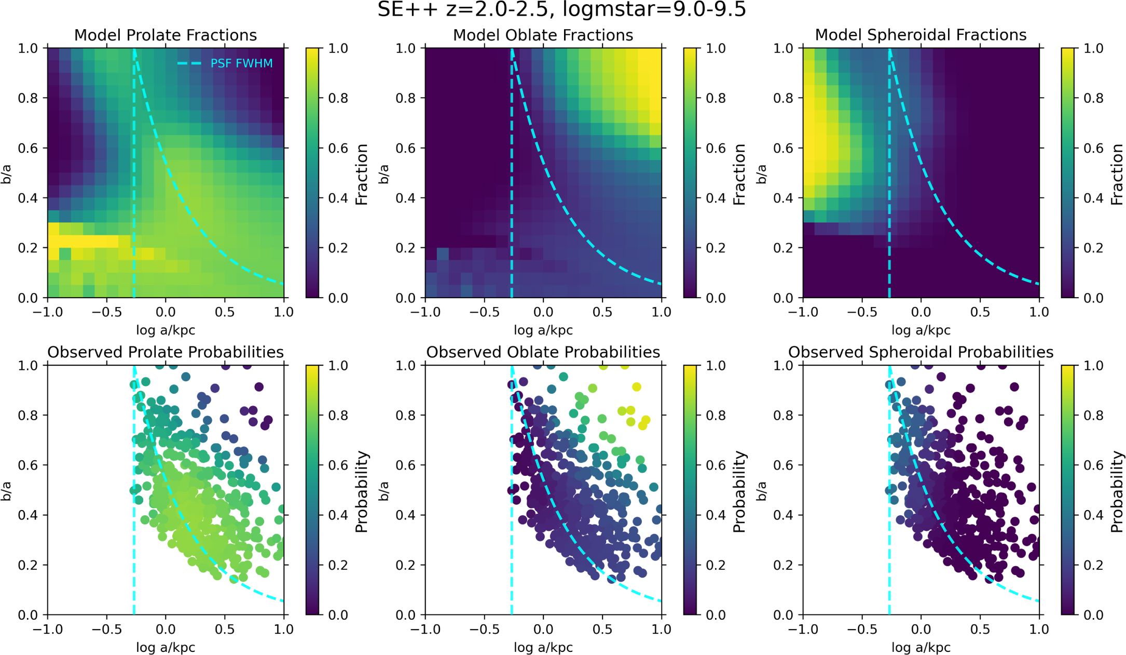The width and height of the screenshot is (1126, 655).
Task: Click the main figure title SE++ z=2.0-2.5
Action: tap(561, 10)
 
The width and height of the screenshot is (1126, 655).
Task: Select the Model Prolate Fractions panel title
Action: tap(166, 35)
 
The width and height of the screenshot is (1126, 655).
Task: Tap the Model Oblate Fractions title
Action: tap(543, 35)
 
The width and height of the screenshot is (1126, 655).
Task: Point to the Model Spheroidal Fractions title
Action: tap(921, 35)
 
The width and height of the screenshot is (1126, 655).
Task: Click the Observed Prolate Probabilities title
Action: tap(166, 352)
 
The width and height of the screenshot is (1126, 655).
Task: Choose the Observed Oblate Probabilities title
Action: tap(543, 352)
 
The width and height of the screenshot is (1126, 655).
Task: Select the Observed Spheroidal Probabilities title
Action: tap(921, 352)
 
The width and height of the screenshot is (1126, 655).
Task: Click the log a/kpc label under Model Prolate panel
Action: tap(166, 330)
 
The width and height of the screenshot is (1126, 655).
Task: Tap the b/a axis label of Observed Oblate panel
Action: tap(384, 490)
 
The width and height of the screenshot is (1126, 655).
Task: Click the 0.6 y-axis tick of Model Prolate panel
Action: tap(29, 148)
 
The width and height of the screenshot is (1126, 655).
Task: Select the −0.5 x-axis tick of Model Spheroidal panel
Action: tap(862, 312)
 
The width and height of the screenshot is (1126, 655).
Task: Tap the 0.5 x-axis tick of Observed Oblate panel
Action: tap(602, 630)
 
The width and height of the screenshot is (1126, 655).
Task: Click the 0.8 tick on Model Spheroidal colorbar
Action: tap(1094, 98)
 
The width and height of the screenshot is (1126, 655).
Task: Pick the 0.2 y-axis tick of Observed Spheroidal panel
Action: tap(784, 565)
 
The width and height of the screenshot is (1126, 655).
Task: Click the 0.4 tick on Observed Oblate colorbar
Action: tap(716, 515)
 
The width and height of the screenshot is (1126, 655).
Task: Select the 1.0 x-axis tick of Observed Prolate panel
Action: tap(284, 630)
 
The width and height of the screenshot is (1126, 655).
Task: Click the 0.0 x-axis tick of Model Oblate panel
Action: tap(543, 312)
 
